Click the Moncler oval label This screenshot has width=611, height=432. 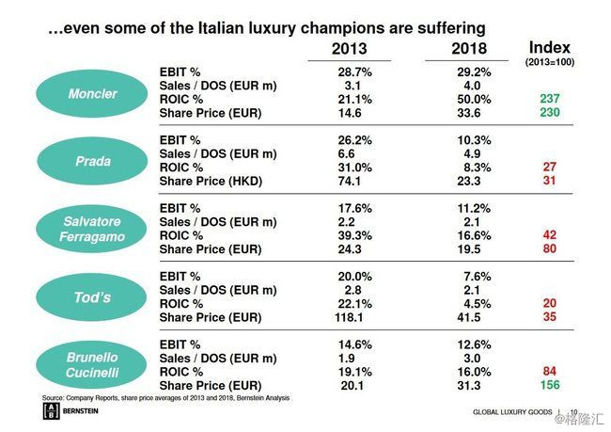[93, 94]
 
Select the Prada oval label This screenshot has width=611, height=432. [93, 161]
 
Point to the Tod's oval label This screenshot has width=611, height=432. [93, 297]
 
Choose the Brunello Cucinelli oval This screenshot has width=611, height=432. [93, 365]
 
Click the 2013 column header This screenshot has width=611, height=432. [350, 49]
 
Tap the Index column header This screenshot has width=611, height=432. [550, 48]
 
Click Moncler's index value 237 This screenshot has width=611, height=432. [550, 98]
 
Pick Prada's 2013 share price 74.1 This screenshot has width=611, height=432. [350, 181]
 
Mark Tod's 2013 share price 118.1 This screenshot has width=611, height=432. [350, 319]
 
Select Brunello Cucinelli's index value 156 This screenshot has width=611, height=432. [550, 386]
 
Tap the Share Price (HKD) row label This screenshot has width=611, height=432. [210, 181]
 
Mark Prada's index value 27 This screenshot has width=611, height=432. [550, 167]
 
